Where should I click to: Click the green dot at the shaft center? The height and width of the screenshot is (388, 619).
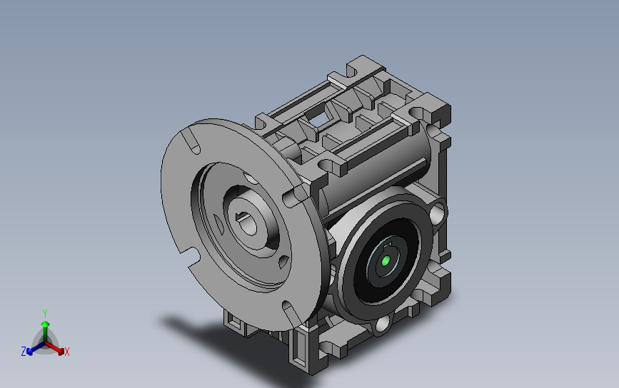point(386,260)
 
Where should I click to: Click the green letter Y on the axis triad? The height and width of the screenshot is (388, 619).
point(45,314)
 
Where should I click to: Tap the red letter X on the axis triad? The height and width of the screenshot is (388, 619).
point(66,352)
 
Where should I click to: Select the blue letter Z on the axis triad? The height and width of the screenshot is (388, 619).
point(24,352)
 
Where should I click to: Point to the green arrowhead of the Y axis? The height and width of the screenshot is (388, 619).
point(46,324)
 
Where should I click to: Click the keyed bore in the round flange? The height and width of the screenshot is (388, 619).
point(248,224)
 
